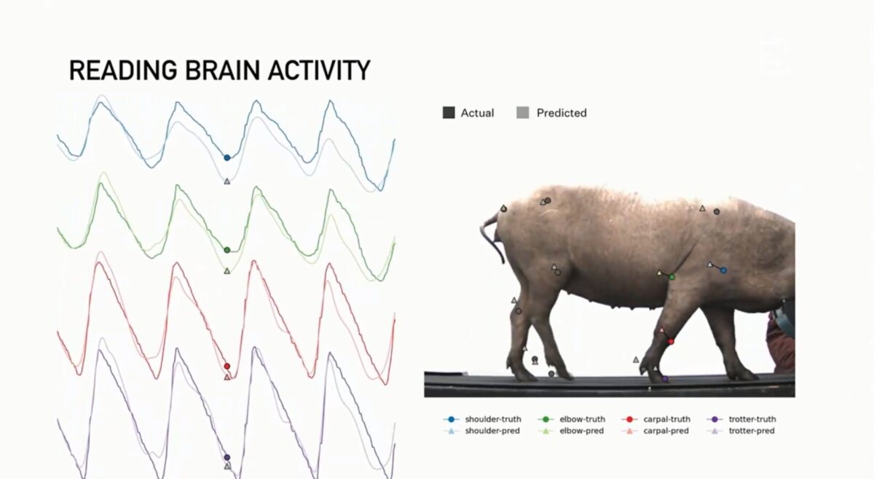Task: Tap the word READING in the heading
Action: [x=123, y=70]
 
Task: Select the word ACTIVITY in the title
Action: [x=319, y=70]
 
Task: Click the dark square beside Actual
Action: [x=449, y=112]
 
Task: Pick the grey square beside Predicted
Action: [x=523, y=112]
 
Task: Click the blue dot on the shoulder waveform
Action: [x=227, y=157]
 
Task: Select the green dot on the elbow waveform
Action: [x=227, y=250]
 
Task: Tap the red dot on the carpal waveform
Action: [x=227, y=366]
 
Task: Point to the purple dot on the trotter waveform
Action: [x=227, y=457]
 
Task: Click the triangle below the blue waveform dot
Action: [x=227, y=182]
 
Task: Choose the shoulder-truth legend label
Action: [x=493, y=419]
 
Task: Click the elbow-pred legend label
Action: [x=582, y=431]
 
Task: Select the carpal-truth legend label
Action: [x=667, y=419]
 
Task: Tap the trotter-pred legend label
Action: [x=752, y=431]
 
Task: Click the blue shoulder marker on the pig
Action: [x=723, y=270]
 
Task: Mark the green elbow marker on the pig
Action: [x=672, y=277]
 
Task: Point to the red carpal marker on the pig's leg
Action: [x=671, y=341]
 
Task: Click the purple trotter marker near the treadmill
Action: [x=665, y=379]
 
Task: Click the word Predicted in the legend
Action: [x=562, y=113]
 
